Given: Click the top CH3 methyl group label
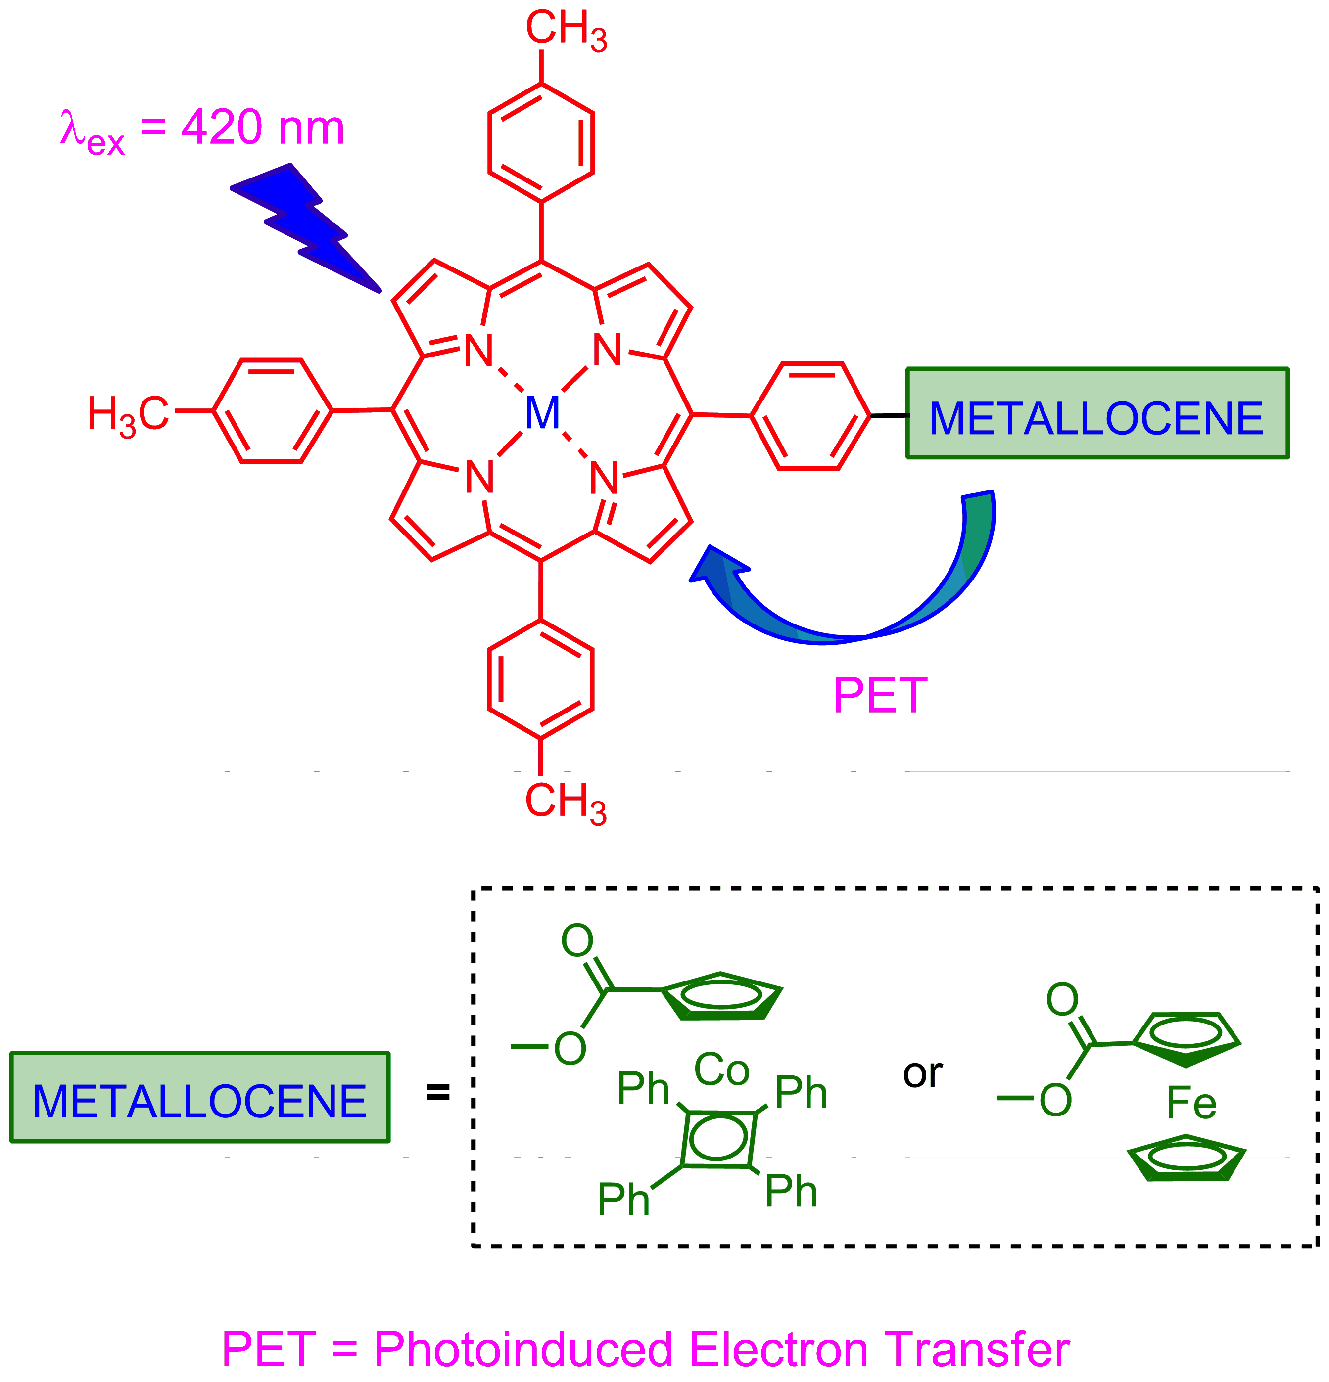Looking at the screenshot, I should coord(566,30).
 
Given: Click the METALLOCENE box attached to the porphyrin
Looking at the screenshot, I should coord(1097,414).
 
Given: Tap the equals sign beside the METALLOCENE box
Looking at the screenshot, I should coord(437,1093).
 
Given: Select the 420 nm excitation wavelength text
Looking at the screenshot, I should coord(262,129).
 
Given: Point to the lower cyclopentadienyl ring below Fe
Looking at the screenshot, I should coord(1187,1159).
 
